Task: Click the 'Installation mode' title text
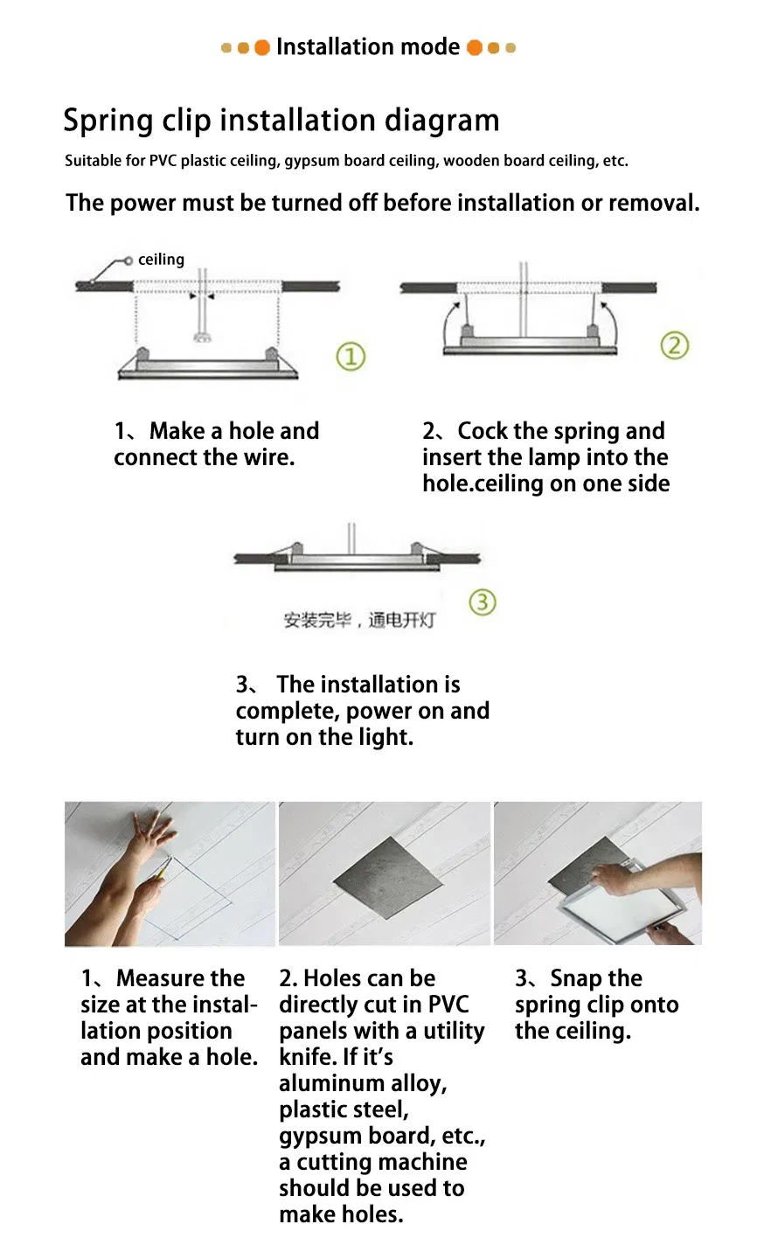point(367,47)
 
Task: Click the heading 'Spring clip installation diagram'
point(281,121)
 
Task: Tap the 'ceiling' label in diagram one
point(161,260)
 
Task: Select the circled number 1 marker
point(351,357)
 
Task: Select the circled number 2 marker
point(674,345)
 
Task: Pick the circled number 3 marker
point(483,602)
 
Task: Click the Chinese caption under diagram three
point(358,621)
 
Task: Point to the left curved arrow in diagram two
point(449,323)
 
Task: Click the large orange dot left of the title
point(261,47)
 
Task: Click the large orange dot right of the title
point(475,47)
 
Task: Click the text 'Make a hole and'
point(233,431)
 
